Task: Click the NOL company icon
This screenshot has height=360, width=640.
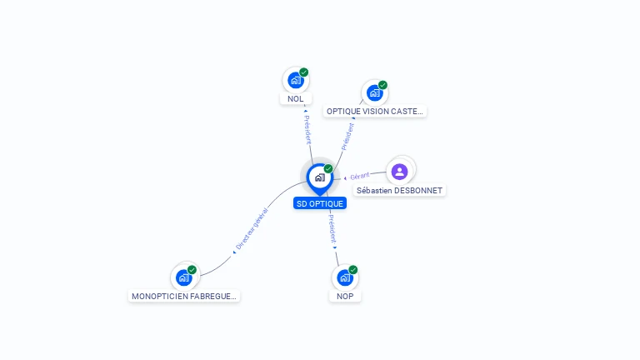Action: pos(295,80)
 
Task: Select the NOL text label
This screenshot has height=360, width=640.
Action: pos(295,99)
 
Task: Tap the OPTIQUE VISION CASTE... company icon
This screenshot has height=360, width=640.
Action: pos(374,92)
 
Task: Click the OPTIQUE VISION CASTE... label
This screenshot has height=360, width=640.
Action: pos(375,111)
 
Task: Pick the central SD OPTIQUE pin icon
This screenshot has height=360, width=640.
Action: pos(319,177)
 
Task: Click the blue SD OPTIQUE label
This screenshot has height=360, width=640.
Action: pos(319,203)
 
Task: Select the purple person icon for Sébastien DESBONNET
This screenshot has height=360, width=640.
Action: pos(399,172)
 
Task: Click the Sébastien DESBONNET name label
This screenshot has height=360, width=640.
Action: pos(399,191)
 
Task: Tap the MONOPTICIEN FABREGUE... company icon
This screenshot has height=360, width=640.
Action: pos(184,277)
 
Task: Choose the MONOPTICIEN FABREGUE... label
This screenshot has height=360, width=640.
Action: pos(184,296)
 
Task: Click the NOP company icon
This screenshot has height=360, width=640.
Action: pos(344,277)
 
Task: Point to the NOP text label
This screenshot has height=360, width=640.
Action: pos(345,296)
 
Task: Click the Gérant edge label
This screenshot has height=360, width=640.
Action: pos(360,177)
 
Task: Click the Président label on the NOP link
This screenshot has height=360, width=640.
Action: pos(332,227)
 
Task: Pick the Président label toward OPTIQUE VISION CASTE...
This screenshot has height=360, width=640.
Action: pos(347,136)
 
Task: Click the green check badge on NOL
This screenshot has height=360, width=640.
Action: pos(304,72)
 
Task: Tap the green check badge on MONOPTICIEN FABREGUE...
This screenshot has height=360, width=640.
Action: pos(192,270)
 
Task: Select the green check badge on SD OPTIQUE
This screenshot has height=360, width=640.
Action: pos(328,169)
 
